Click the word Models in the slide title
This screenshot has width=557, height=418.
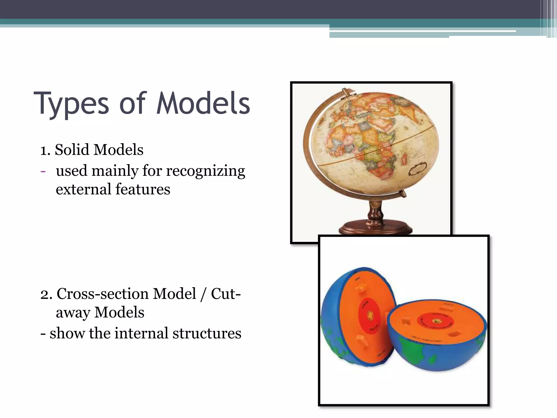coord(203,104)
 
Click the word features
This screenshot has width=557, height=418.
coord(143,189)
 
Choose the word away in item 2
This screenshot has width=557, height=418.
coord(73,312)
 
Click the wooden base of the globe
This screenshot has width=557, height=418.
coord(375,229)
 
